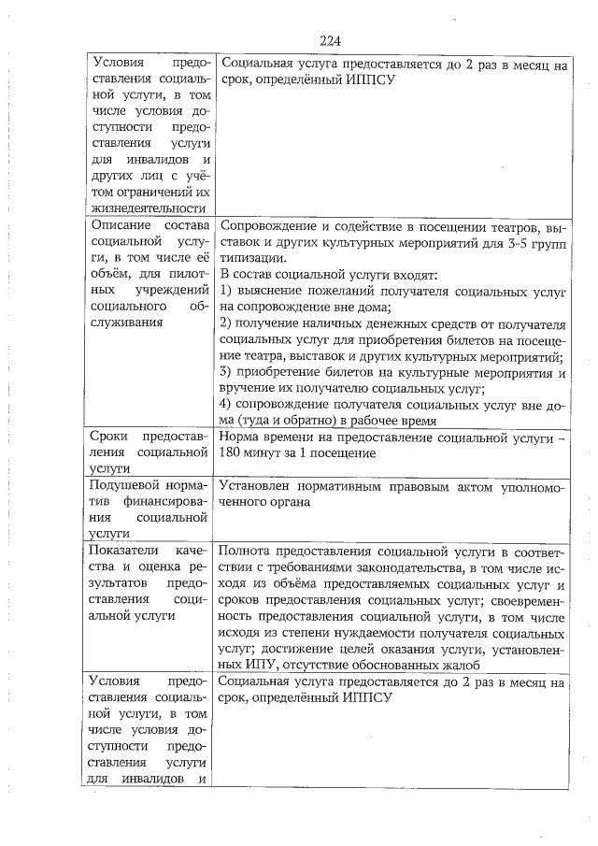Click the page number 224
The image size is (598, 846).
click(328, 40)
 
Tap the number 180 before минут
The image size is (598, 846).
click(228, 453)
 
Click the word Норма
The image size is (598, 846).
click(239, 437)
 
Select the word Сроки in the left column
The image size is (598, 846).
click(109, 437)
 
